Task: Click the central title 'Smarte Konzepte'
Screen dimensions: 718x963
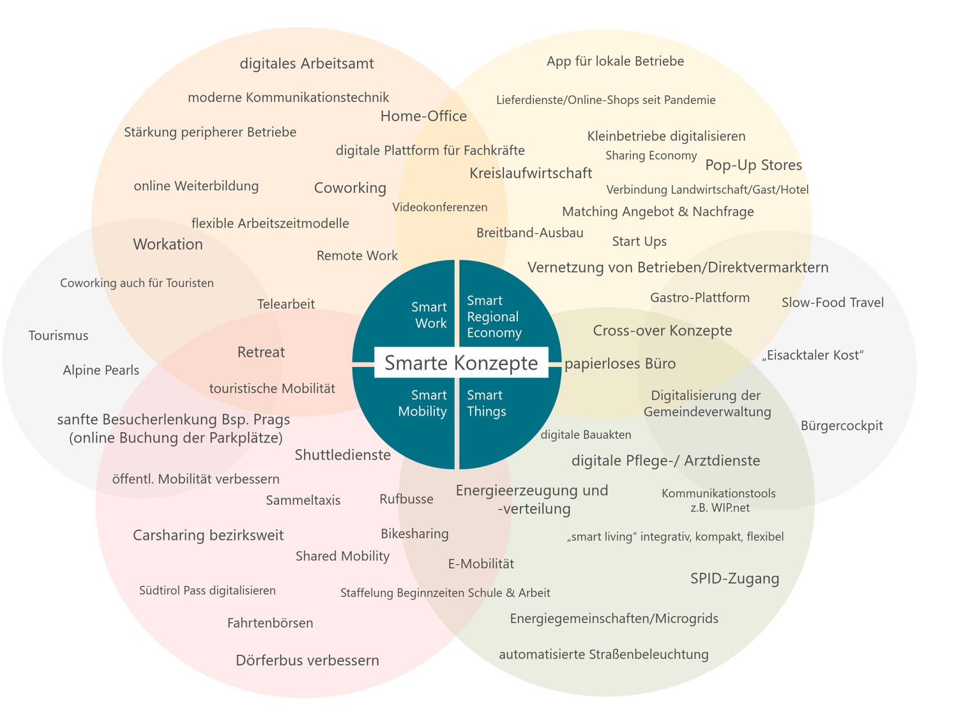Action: tap(461, 363)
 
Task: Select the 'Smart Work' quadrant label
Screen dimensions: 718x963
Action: tap(429, 315)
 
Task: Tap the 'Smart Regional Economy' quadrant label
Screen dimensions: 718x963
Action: tap(494, 317)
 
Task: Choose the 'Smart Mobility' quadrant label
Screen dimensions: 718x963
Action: tap(423, 403)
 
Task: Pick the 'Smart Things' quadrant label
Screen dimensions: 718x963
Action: tap(486, 403)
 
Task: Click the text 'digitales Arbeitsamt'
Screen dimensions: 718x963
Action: tap(307, 63)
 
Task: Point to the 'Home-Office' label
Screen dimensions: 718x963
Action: tap(423, 116)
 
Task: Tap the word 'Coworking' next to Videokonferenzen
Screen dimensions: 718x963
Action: tap(350, 188)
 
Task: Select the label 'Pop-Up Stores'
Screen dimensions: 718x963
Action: tap(754, 165)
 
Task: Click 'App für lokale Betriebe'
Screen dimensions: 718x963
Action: tap(615, 61)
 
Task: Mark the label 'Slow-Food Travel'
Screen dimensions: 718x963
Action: tap(832, 303)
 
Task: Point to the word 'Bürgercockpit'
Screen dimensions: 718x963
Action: tap(842, 426)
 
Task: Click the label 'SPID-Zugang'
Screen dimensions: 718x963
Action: tap(734, 578)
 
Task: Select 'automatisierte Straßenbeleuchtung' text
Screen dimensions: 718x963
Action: tap(603, 654)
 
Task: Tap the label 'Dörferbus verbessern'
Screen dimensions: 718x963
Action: tap(307, 660)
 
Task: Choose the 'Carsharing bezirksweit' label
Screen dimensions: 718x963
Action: tap(208, 535)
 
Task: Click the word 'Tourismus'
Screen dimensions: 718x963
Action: tap(59, 336)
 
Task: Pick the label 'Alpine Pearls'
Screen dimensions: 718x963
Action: tap(101, 370)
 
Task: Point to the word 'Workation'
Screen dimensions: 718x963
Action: tap(168, 244)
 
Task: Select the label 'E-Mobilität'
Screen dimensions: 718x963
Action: tap(481, 564)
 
